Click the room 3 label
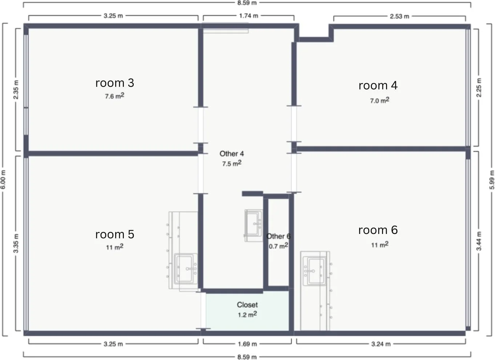click(x=114, y=83)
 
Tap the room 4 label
click(x=378, y=85)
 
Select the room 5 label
click(x=114, y=234)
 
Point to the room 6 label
click(x=378, y=230)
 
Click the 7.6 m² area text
click(x=114, y=96)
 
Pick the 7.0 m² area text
click(x=379, y=100)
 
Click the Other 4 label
click(x=232, y=154)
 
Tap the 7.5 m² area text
click(x=232, y=163)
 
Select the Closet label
click(x=247, y=305)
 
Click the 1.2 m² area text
click(x=247, y=314)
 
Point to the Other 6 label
click(x=278, y=236)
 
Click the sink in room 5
click(x=186, y=269)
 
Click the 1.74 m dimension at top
click(x=249, y=16)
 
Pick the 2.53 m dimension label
click(x=399, y=16)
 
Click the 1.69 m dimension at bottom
click(x=247, y=344)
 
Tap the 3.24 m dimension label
click(x=381, y=344)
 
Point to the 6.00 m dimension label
click(x=3, y=179)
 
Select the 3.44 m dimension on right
click(x=479, y=241)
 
